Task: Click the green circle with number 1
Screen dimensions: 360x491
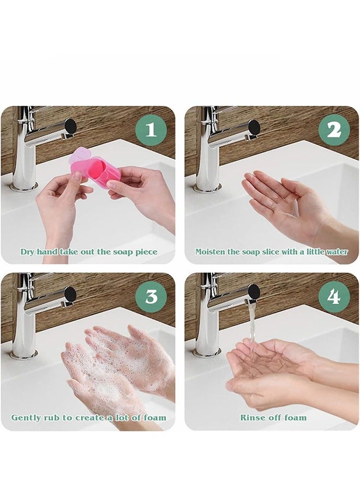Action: tap(151, 130)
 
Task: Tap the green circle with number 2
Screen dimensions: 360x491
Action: tap(334, 130)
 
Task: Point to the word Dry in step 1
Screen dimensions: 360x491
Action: tap(28, 252)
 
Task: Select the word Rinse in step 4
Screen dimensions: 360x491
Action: tap(250, 417)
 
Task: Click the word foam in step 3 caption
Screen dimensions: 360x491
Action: tap(155, 417)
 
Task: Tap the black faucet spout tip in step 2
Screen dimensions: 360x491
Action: tap(255, 127)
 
